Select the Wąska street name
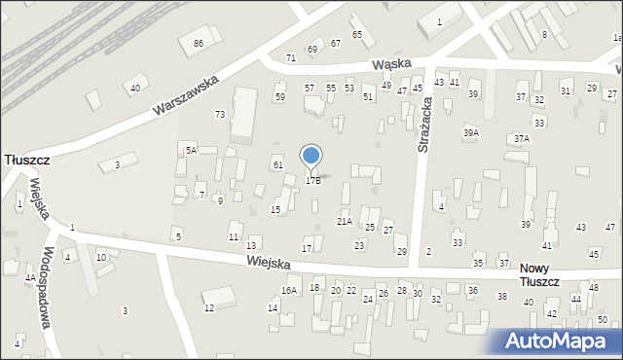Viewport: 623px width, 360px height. point(391,63)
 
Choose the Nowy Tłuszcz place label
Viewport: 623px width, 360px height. point(539,274)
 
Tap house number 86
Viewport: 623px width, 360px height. point(199,44)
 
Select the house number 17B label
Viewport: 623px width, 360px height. point(312,180)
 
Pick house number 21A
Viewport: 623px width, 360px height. point(345,222)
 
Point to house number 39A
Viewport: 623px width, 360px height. point(471,133)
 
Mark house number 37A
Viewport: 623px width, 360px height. point(522,139)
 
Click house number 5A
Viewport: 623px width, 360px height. point(192,150)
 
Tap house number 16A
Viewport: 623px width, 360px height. point(289,290)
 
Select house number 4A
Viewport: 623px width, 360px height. point(30,278)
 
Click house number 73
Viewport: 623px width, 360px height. point(220,115)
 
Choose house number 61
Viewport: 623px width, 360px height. point(277,165)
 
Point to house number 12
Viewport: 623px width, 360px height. point(208,308)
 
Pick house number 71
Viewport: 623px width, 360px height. point(290,58)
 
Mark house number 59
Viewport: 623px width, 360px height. point(279,97)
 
